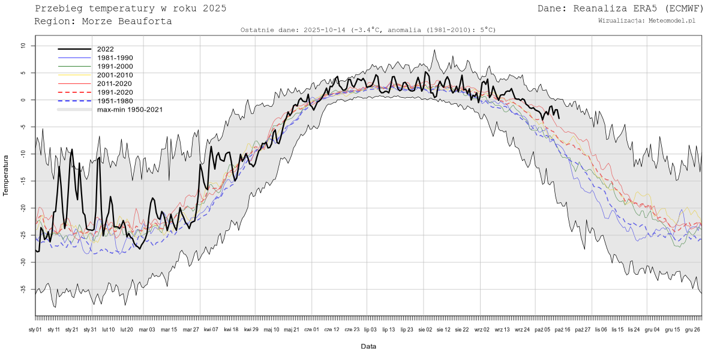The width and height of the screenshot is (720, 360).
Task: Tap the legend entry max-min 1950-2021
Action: (x=130, y=110)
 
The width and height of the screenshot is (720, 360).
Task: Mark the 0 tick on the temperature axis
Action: (x=24, y=100)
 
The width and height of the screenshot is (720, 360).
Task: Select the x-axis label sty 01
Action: (x=35, y=329)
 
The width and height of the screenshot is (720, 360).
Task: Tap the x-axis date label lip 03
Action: (x=370, y=329)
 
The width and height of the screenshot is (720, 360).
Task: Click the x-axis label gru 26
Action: (x=692, y=329)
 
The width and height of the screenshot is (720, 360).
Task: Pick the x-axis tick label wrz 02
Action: (x=482, y=329)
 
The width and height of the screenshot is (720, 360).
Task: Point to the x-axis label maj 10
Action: (x=272, y=329)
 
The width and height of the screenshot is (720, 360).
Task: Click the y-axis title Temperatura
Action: (x=7, y=175)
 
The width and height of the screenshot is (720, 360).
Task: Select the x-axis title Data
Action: (x=368, y=346)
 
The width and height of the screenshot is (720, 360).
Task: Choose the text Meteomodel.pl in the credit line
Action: (x=672, y=21)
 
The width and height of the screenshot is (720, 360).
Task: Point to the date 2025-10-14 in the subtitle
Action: (x=324, y=30)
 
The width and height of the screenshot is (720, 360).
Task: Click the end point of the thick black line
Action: (x=559, y=118)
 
